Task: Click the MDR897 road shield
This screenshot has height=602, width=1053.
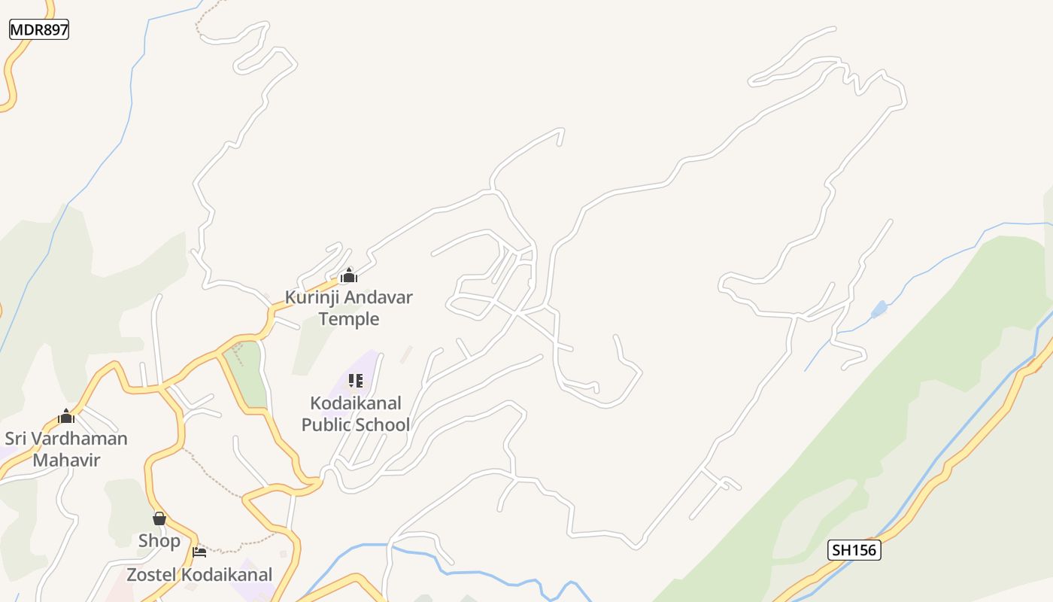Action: click(x=39, y=30)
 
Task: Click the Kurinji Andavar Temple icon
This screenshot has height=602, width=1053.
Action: click(x=348, y=275)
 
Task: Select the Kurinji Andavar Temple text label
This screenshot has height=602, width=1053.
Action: click(x=348, y=308)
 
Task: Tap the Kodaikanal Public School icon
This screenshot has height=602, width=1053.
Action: click(x=356, y=381)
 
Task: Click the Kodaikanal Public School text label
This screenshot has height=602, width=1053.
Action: click(x=356, y=414)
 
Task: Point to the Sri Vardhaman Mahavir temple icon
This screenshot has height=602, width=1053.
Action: click(x=66, y=416)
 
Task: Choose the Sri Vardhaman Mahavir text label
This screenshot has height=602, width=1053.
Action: click(x=66, y=449)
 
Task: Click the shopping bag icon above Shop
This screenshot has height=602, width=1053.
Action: click(x=159, y=518)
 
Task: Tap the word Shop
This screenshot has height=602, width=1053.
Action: click(x=159, y=541)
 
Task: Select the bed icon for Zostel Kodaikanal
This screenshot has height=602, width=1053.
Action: click(x=199, y=552)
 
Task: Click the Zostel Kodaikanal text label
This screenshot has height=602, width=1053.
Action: click(x=199, y=576)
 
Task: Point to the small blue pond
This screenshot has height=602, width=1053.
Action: click(x=879, y=309)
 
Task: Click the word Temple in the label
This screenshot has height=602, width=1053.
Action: click(x=348, y=319)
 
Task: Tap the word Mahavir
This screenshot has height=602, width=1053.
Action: click(x=66, y=461)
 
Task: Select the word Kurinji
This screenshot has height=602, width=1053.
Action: click(x=313, y=297)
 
